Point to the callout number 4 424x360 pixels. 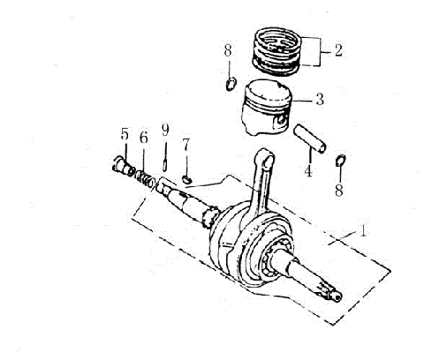pos(308,171)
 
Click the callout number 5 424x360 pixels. pos(125,134)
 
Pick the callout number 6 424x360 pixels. pos(144,136)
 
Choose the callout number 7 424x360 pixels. pos(186,144)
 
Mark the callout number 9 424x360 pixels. pos(165,130)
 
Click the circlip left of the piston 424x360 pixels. pos(230,84)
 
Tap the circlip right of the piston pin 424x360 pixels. pos(341,160)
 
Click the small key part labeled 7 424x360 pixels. pos(186,176)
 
